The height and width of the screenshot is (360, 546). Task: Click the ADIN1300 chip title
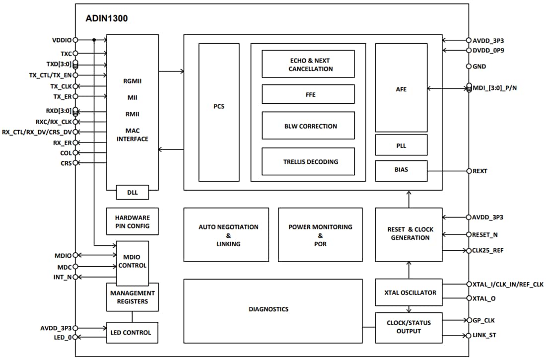click(x=107, y=19)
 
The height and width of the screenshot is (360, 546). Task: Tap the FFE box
click(x=308, y=94)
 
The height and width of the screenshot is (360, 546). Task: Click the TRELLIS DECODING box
click(x=308, y=161)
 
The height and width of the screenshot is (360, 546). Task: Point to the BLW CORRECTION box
click(x=308, y=126)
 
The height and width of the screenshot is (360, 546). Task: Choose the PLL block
click(x=401, y=146)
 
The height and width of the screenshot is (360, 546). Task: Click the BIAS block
click(x=401, y=169)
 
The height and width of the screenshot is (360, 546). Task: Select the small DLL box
click(x=132, y=192)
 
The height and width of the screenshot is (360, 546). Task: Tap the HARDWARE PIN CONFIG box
click(x=132, y=221)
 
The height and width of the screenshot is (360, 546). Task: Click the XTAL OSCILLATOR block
click(x=409, y=292)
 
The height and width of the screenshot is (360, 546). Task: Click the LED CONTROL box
click(x=132, y=332)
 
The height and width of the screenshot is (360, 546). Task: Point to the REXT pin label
click(x=480, y=171)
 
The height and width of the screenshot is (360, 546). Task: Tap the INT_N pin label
click(x=63, y=277)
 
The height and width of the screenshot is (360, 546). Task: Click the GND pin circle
click(x=468, y=66)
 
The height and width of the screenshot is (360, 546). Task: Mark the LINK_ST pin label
click(x=484, y=336)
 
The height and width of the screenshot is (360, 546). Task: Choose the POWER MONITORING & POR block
click(x=320, y=235)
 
